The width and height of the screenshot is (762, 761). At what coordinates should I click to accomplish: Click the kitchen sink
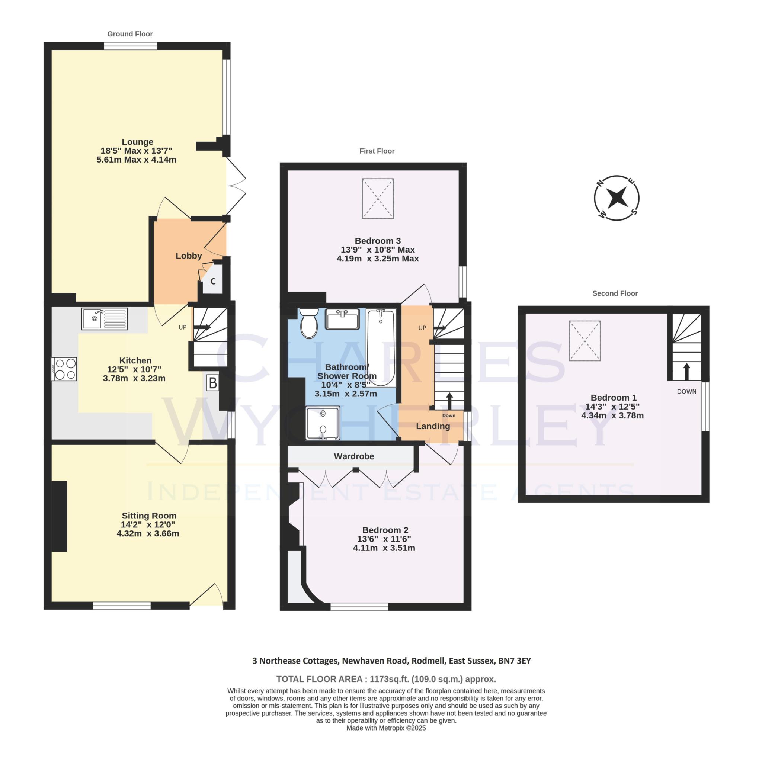[105, 319]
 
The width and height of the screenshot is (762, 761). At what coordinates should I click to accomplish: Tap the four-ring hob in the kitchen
[64, 369]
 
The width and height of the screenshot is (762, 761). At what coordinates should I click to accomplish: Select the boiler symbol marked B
[212, 382]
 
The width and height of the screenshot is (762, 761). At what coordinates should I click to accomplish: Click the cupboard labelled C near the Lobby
[213, 281]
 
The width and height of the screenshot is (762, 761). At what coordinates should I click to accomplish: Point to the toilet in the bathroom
[309, 323]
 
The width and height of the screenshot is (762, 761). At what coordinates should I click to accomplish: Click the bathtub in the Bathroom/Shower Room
[381, 347]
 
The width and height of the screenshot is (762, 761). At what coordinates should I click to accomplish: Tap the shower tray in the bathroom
[323, 423]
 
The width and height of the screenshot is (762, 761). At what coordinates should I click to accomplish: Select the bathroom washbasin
[342, 319]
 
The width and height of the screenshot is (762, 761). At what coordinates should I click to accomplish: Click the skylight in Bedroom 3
[378, 198]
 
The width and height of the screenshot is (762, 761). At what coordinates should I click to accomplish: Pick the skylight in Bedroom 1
[585, 341]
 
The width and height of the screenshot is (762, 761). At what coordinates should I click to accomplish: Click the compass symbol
[617, 198]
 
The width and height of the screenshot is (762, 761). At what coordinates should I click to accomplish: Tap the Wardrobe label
[354, 456]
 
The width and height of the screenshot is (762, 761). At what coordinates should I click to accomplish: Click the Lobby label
[189, 256]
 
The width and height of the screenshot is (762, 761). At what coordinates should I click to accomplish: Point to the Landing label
[433, 426]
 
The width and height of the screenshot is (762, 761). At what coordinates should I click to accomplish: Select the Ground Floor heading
[130, 34]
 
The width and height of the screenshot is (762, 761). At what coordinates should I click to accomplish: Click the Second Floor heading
[615, 293]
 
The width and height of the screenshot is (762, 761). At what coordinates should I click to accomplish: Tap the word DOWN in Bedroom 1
[687, 392]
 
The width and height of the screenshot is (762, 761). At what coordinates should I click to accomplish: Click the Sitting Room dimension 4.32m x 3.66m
[148, 534]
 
